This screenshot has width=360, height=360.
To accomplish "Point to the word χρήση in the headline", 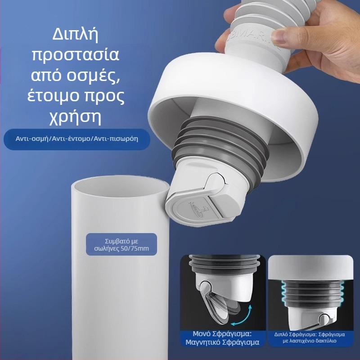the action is point(75,117).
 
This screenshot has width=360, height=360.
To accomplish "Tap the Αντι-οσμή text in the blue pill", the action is point(32,139).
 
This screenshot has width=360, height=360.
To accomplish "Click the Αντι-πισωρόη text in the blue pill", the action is point(116,139).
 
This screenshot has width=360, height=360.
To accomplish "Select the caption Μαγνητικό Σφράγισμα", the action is point(222,342).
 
